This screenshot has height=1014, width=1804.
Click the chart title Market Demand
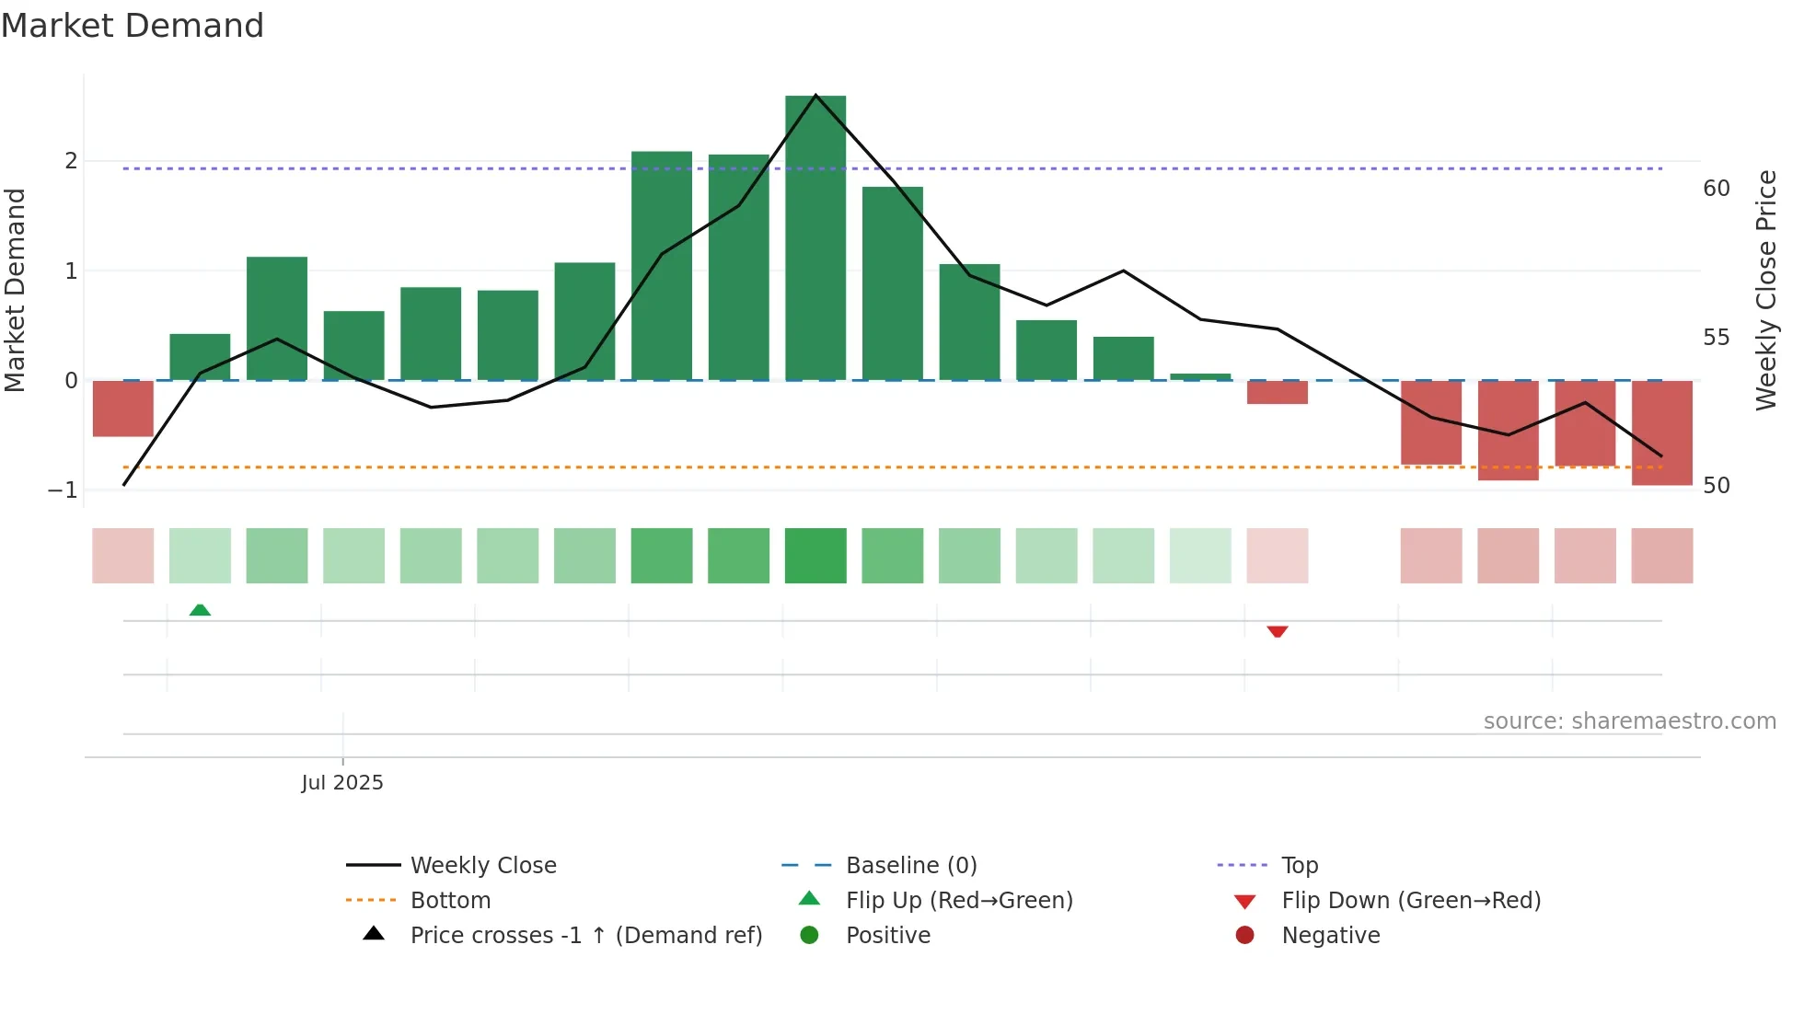133,26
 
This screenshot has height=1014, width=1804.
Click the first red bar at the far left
122,408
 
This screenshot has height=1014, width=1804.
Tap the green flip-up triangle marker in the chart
200,610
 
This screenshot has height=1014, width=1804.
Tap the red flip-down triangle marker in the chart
1277,631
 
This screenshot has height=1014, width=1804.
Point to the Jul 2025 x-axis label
342,783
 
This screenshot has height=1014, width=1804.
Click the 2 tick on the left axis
71,161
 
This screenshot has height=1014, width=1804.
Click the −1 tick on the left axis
63,490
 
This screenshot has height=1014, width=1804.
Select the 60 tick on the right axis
1717,189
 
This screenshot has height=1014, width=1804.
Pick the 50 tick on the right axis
1717,486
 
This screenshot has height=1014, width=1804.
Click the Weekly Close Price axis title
1765,290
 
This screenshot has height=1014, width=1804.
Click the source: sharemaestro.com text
1629,721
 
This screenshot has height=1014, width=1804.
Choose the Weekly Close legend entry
482,866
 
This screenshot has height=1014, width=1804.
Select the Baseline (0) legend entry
910,866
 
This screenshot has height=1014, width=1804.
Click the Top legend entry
1299,866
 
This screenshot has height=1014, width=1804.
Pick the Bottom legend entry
449,901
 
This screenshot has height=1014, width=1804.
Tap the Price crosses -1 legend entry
585,936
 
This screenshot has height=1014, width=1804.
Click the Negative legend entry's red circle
1244,936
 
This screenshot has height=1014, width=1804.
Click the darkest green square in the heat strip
815,556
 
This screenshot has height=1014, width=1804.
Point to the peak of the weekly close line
815,95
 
